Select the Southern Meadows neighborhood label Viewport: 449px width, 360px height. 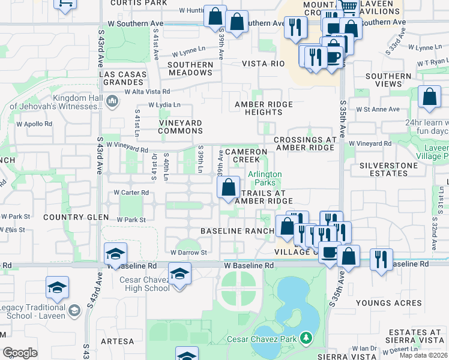190,68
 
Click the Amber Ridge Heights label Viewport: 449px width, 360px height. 264,108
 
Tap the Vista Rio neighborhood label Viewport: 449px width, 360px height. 263,64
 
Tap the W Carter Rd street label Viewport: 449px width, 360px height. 131,193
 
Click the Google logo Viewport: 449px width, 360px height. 20,352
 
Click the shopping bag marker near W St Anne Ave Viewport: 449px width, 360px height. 429,98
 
